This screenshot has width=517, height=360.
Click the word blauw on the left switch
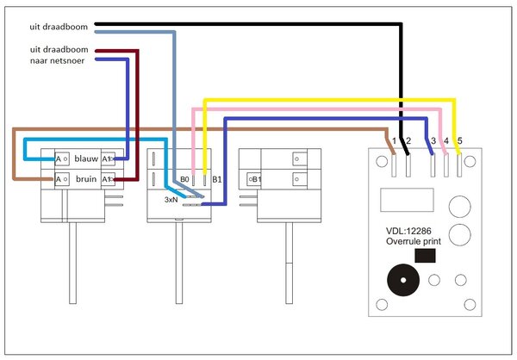coord(86,159)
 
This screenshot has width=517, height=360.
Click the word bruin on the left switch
coord(86,179)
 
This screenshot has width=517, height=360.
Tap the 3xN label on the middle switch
coord(172,199)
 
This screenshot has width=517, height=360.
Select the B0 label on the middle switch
coord(184,179)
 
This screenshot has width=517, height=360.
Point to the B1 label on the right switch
coord(255,179)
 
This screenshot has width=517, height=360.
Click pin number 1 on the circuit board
coord(393,140)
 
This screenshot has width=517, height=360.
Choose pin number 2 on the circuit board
coord(408,140)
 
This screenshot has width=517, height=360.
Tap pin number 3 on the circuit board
coord(433,140)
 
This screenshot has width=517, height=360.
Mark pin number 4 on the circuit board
coord(445,140)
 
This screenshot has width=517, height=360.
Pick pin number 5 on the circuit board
coord(459,140)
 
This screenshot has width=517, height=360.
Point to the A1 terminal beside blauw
coord(108,159)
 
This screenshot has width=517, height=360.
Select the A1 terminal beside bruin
coord(108,179)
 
